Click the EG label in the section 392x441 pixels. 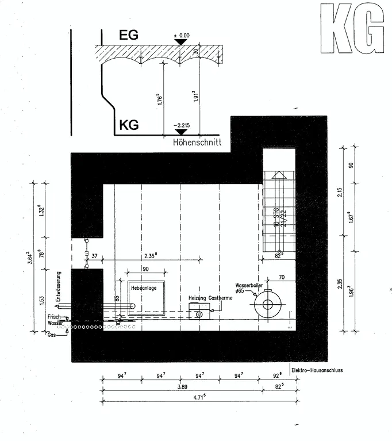click(x=129, y=35)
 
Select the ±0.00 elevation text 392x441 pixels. click(x=181, y=35)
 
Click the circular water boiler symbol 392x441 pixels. click(x=268, y=305)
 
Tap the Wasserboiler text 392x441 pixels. click(x=249, y=285)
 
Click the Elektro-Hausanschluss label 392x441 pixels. click(x=317, y=370)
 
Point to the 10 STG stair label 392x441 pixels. click(x=276, y=217)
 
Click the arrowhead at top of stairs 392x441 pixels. click(x=279, y=174)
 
